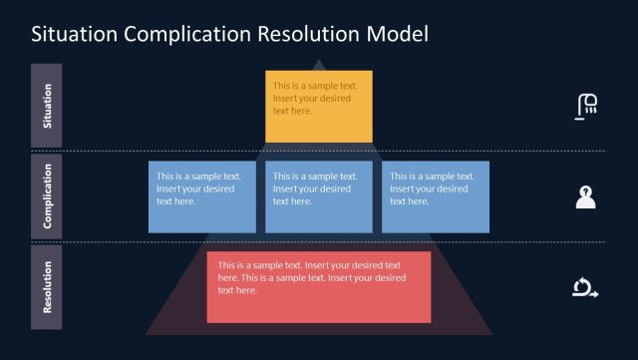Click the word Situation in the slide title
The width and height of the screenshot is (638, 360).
point(75,33)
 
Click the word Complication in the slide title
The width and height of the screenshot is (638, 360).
point(187,35)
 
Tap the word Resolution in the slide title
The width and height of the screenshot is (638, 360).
point(309,33)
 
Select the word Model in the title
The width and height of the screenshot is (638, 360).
point(397,33)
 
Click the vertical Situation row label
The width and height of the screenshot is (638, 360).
point(47,106)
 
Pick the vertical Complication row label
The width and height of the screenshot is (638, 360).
point(47,196)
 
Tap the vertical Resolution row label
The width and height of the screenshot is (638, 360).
point(47,287)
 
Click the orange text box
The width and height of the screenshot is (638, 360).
point(319,107)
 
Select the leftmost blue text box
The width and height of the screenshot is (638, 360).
point(202,197)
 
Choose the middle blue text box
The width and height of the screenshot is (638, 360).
point(319,197)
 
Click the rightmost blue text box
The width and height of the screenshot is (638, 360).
point(436,197)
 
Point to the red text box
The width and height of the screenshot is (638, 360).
point(319,287)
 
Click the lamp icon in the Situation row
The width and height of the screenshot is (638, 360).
point(586,107)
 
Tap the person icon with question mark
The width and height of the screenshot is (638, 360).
point(585,197)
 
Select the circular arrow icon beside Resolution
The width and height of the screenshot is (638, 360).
point(585,287)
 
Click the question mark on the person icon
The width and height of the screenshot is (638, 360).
point(585,190)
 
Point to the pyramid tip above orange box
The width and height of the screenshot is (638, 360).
point(319,60)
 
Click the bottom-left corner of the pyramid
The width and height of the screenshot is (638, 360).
point(146,335)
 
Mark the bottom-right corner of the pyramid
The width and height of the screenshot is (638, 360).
point(492,335)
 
